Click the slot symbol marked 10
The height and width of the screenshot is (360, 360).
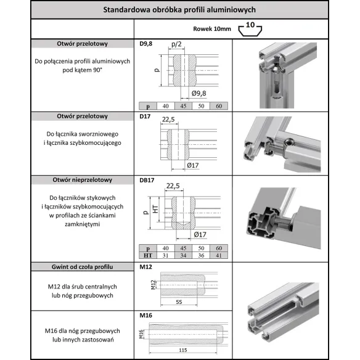pyautogui.click(x=248, y=27)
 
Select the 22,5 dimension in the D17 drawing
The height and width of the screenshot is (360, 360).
pyautogui.click(x=170, y=120)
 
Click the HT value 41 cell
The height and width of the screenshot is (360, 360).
pyautogui.click(x=219, y=255)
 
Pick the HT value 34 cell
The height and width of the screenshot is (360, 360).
pyautogui.click(x=184, y=255)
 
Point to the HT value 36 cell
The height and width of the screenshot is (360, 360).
pyautogui.click(x=201, y=255)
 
